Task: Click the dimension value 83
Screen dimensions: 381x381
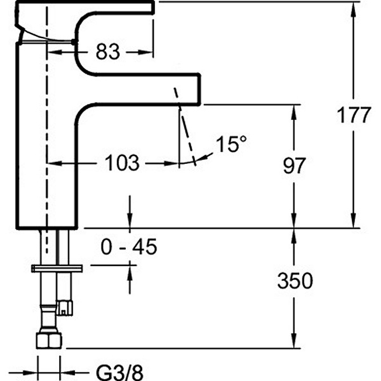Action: [x=107, y=51]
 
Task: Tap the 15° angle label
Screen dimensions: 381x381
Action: [x=231, y=144]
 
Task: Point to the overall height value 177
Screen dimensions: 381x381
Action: [x=353, y=115]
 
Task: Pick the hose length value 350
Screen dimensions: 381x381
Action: [x=295, y=281]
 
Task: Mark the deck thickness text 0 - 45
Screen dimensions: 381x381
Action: [x=129, y=247]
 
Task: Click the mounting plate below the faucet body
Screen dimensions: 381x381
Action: [x=57, y=268]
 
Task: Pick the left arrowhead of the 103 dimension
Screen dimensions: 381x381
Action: [x=53, y=163]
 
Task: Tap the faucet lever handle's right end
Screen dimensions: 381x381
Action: [x=153, y=7]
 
